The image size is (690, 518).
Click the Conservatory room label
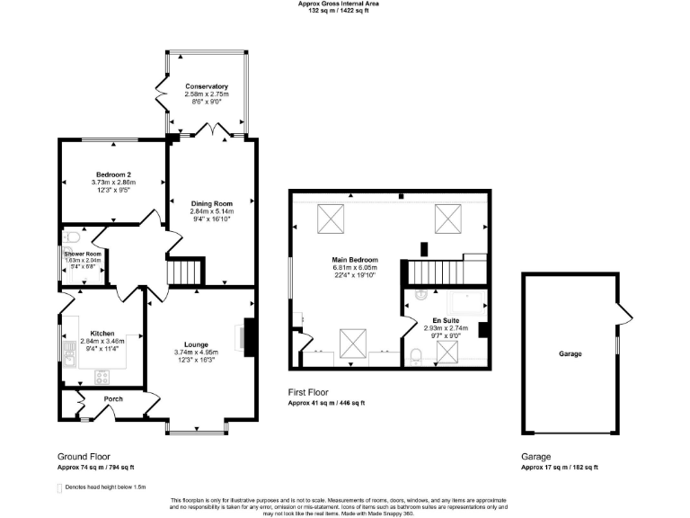[207, 86]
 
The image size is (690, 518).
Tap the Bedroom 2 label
[114, 174]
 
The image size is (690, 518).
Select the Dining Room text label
[211, 203]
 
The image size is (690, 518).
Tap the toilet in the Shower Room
[72, 240]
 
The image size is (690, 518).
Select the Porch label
[113, 398]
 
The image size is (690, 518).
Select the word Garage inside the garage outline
[569, 353]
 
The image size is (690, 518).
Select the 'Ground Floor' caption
[84, 457]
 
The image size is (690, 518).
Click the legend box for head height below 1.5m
[59, 488]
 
